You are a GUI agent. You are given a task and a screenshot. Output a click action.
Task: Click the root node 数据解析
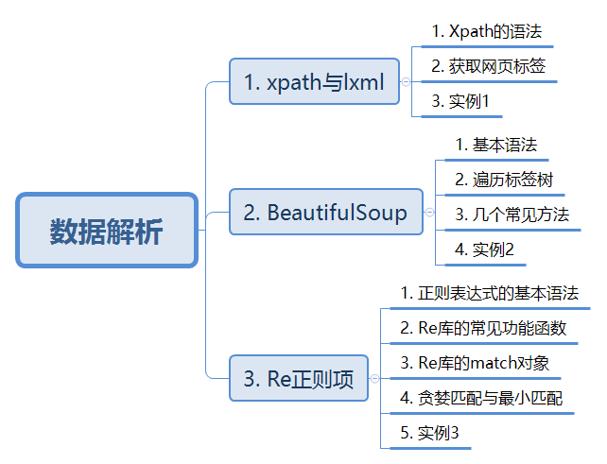[x=107, y=231]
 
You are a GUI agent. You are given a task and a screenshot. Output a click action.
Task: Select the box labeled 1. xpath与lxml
[x=314, y=81]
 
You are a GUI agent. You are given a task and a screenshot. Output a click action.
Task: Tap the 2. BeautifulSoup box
[x=326, y=212]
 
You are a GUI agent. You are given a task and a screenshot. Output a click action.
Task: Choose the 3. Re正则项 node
[x=299, y=378]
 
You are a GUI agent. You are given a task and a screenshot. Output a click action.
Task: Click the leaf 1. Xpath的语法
[x=487, y=31]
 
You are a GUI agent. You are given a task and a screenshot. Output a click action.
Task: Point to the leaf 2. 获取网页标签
[x=489, y=66]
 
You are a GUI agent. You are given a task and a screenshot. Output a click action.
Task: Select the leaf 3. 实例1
[x=460, y=101]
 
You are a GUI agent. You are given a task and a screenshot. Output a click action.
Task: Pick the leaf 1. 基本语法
[x=496, y=145]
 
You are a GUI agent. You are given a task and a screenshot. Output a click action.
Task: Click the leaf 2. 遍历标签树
[x=504, y=180]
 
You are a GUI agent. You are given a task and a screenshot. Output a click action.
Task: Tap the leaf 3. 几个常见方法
[x=512, y=215]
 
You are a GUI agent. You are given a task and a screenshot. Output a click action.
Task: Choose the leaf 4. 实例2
[x=484, y=249]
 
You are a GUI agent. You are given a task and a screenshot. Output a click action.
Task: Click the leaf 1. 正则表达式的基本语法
[x=490, y=293]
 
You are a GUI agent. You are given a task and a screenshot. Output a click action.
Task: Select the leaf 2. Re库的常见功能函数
[x=483, y=328]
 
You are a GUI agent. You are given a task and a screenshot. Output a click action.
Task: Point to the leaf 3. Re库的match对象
[x=475, y=363]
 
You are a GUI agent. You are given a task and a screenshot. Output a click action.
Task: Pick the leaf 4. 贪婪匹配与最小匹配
[x=481, y=398]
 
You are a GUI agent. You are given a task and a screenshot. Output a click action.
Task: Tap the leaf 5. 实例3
[x=429, y=433]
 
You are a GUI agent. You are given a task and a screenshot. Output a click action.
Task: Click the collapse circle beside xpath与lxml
[x=406, y=81]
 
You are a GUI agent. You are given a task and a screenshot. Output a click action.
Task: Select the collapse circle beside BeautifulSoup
[x=429, y=212]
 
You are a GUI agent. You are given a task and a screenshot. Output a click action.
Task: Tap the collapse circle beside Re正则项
[x=374, y=378]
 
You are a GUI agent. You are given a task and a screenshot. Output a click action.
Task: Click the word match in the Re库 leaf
[x=493, y=363]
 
